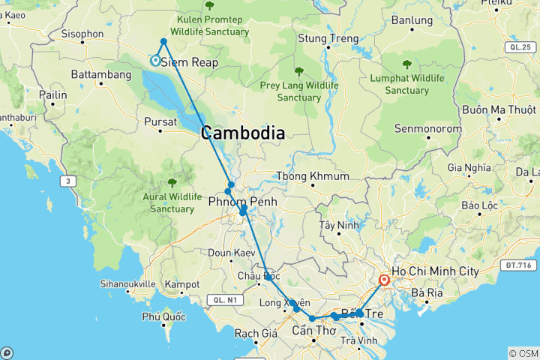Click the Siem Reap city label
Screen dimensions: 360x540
coord(190,62)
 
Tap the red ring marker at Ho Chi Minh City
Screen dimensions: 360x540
coord(384,280)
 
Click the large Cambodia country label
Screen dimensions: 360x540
coord(242,133)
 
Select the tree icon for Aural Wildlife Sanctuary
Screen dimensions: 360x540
coord(172,181)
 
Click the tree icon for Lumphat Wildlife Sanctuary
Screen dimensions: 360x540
coord(407,64)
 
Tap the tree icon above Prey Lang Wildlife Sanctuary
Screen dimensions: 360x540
coord(298,72)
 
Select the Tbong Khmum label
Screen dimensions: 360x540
coord(313,176)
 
